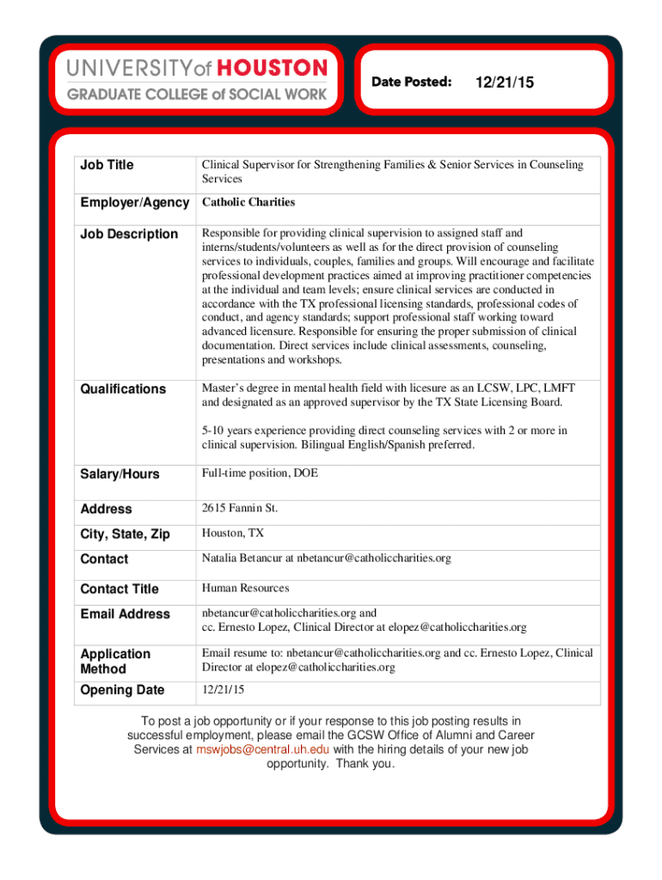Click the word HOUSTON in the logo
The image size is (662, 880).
coord(272,68)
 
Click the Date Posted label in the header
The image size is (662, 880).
coord(411,82)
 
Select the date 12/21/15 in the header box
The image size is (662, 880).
coord(504,82)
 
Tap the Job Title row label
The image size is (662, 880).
coord(107,165)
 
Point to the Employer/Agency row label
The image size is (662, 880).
coord(134,203)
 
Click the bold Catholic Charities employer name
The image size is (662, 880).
coord(248,203)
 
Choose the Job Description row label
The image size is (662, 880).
coord(129,234)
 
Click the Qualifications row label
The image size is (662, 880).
coord(123,389)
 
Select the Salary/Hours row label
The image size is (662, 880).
coord(120,474)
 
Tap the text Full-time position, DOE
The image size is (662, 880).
coord(260,474)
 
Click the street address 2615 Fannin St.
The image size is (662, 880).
coord(240,509)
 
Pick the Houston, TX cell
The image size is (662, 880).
coord(233,534)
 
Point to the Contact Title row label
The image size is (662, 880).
coord(120,589)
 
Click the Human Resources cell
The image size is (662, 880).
coord(245,589)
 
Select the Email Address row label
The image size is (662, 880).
coord(125,614)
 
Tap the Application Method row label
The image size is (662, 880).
coord(115,662)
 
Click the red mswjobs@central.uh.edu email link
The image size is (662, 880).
coord(262,749)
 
